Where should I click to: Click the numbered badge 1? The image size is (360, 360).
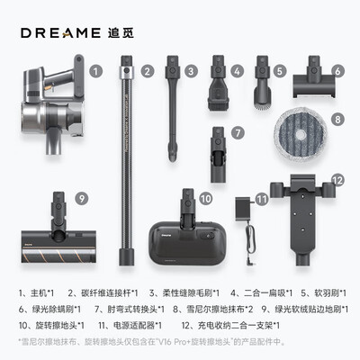96,69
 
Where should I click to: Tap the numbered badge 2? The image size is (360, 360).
148,69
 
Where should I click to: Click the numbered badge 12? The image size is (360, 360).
337,180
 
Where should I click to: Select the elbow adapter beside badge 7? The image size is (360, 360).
217,146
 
